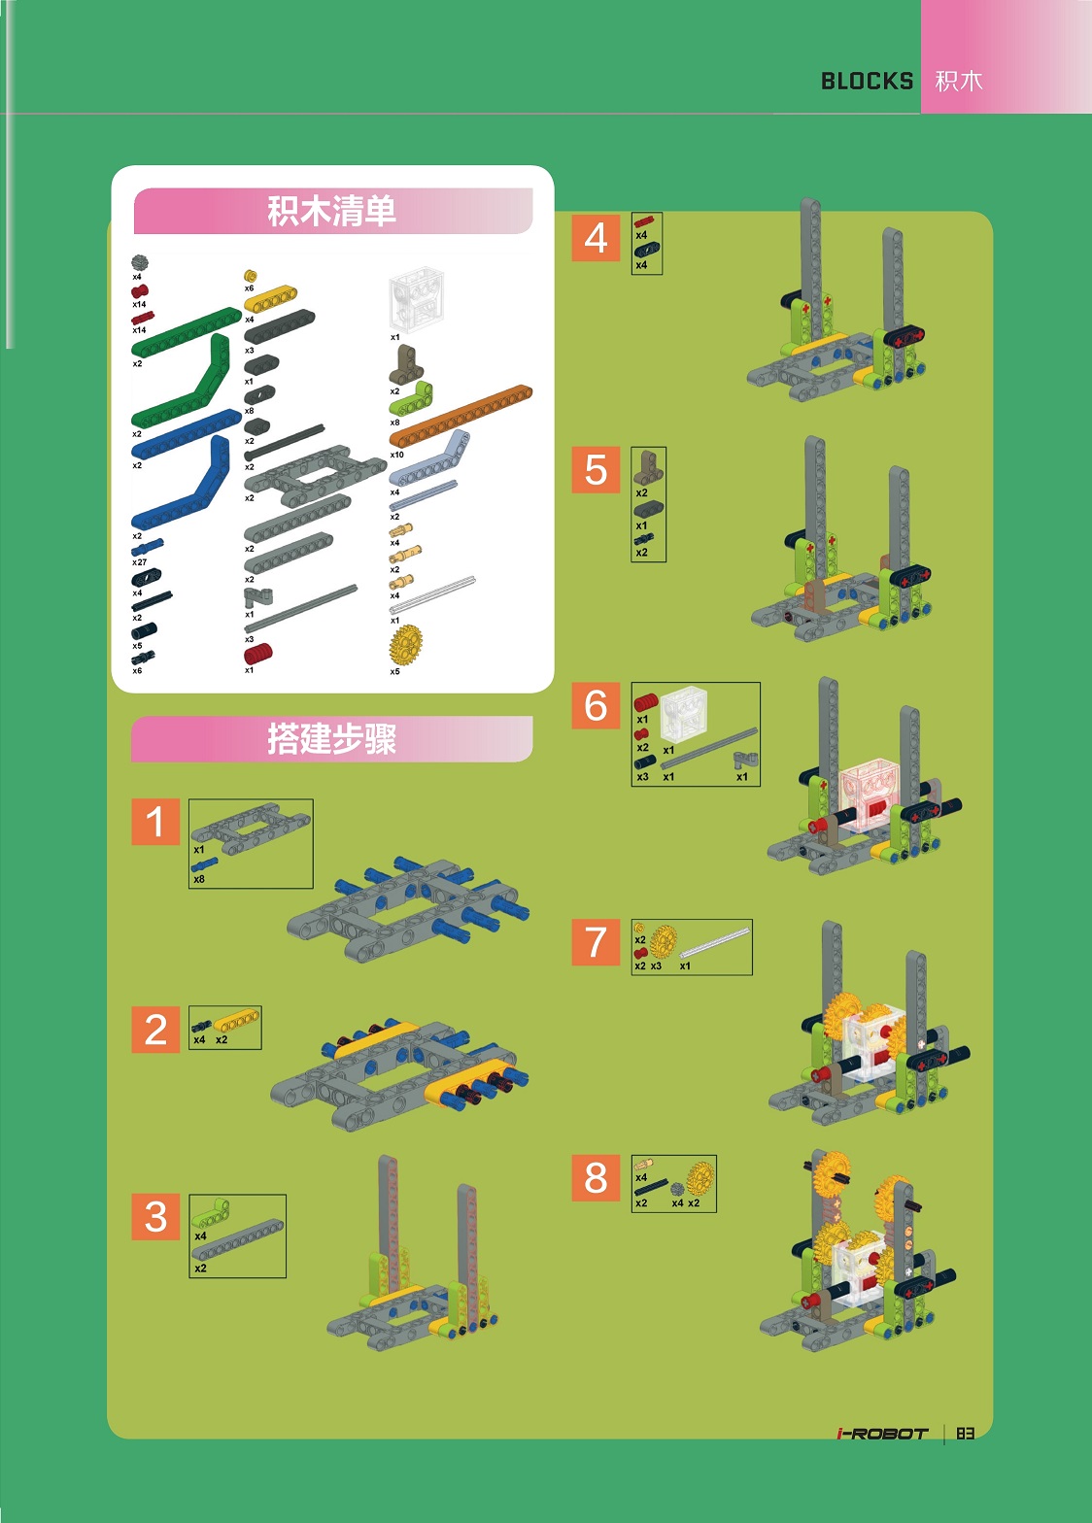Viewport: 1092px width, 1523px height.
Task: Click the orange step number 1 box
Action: coord(155,822)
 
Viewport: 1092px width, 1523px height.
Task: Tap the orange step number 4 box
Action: coord(596,238)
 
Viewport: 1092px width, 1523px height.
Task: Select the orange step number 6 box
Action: coord(596,705)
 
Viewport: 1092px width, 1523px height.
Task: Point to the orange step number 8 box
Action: coord(596,1177)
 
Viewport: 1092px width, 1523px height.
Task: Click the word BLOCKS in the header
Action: coord(867,82)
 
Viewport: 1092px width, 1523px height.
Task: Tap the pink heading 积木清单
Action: coord(332,211)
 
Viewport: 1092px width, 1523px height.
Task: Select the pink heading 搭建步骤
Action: coord(332,739)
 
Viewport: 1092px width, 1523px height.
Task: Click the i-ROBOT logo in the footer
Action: coord(882,1434)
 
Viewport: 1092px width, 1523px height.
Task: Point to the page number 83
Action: coord(965,1434)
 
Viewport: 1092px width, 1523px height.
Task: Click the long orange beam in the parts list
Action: coord(461,416)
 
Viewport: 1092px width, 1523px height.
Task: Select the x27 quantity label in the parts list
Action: coord(139,562)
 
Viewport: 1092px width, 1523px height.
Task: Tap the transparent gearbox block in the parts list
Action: coord(417,301)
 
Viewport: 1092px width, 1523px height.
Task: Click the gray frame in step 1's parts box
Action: coord(250,826)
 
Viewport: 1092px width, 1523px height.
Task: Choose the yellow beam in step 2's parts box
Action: coord(237,1022)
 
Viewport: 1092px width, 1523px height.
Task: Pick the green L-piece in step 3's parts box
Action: coord(213,1215)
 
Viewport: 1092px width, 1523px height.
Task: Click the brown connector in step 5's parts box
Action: coord(648,468)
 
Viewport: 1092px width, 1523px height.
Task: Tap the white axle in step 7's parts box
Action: coord(715,941)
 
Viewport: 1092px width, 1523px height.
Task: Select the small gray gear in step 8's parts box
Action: coord(677,1189)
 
